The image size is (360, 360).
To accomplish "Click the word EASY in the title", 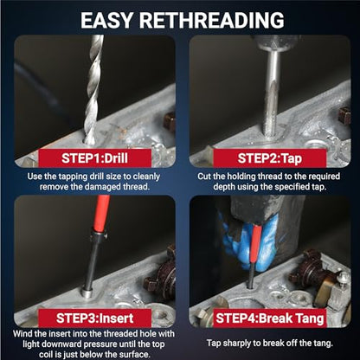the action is [106, 20].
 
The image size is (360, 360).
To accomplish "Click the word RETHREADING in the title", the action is [212, 20].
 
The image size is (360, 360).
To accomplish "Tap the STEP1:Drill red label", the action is [95, 158].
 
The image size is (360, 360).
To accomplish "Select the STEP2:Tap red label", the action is [270, 158].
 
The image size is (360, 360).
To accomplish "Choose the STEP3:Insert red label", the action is [95, 318].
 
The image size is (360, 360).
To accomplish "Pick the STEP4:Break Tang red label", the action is [270, 318].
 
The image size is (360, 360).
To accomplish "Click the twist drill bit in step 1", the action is [93, 89].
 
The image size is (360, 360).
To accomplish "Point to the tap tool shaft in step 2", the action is [271, 95].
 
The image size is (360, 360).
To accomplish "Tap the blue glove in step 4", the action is [248, 242].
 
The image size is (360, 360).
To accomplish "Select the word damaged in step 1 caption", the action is [103, 187].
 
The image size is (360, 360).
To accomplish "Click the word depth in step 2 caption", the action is [223, 187].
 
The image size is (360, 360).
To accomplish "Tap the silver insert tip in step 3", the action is [87, 292].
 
